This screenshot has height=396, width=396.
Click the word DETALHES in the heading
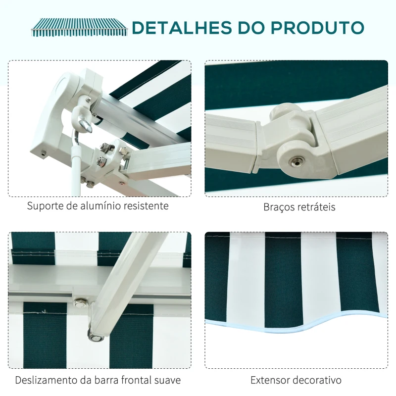point(182,28)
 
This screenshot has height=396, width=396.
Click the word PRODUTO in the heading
point(317,28)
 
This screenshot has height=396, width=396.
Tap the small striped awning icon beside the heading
point(79,27)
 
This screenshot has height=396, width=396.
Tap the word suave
point(168,380)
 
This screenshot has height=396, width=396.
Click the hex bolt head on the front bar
point(80,303)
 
